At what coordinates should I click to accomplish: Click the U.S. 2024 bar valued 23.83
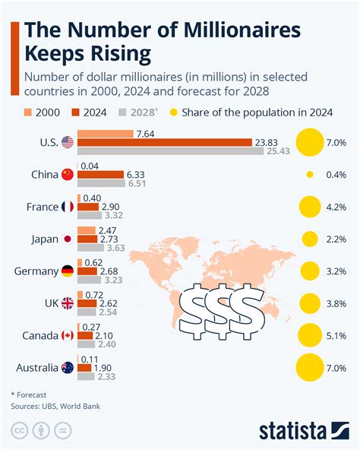[164, 141]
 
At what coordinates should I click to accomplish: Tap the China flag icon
[67, 174]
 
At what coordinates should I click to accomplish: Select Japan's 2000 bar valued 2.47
[86, 230]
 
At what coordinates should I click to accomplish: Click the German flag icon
[67, 271]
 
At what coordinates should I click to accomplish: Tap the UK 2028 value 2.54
[110, 312]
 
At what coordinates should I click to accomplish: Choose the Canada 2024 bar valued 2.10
[84, 335]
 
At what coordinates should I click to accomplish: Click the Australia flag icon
[67, 368]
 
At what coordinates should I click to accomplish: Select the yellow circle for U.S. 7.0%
[309, 141]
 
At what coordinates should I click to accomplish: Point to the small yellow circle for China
[309, 174]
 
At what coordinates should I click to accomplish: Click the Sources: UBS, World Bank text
[56, 406]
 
